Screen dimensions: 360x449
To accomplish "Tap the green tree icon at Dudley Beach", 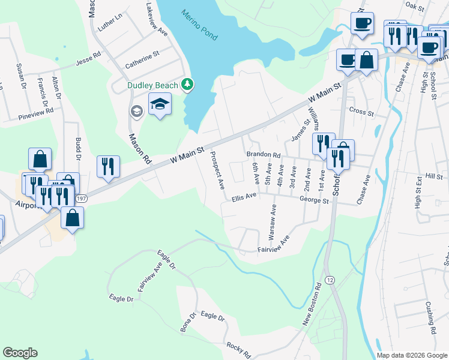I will coord(188,85).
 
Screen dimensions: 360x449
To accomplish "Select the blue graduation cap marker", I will coord(160,104).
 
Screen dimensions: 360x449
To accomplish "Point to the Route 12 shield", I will coord(330,281).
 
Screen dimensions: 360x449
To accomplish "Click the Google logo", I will coord(20,353).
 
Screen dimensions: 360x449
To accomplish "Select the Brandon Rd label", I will coord(264,154).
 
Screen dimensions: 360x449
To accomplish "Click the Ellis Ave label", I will coord(244,195).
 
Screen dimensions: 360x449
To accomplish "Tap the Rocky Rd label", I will coord(238,347).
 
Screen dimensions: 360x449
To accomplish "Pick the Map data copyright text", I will coord(411,355).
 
